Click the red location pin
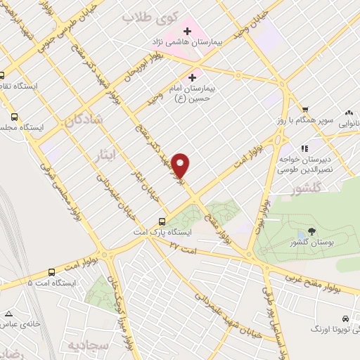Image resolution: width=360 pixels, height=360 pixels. tap(181, 165)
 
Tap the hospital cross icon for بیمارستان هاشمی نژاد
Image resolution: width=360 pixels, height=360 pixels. tap(187, 31)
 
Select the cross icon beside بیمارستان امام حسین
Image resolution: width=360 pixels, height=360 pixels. tap(193, 77)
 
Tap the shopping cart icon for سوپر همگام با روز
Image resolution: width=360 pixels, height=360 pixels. tap(305, 109)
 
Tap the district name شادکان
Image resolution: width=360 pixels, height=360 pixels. tap(84, 121)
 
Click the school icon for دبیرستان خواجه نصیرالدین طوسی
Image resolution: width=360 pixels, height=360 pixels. tap(304, 148)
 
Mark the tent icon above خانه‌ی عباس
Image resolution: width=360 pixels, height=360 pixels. tap(8, 314)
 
